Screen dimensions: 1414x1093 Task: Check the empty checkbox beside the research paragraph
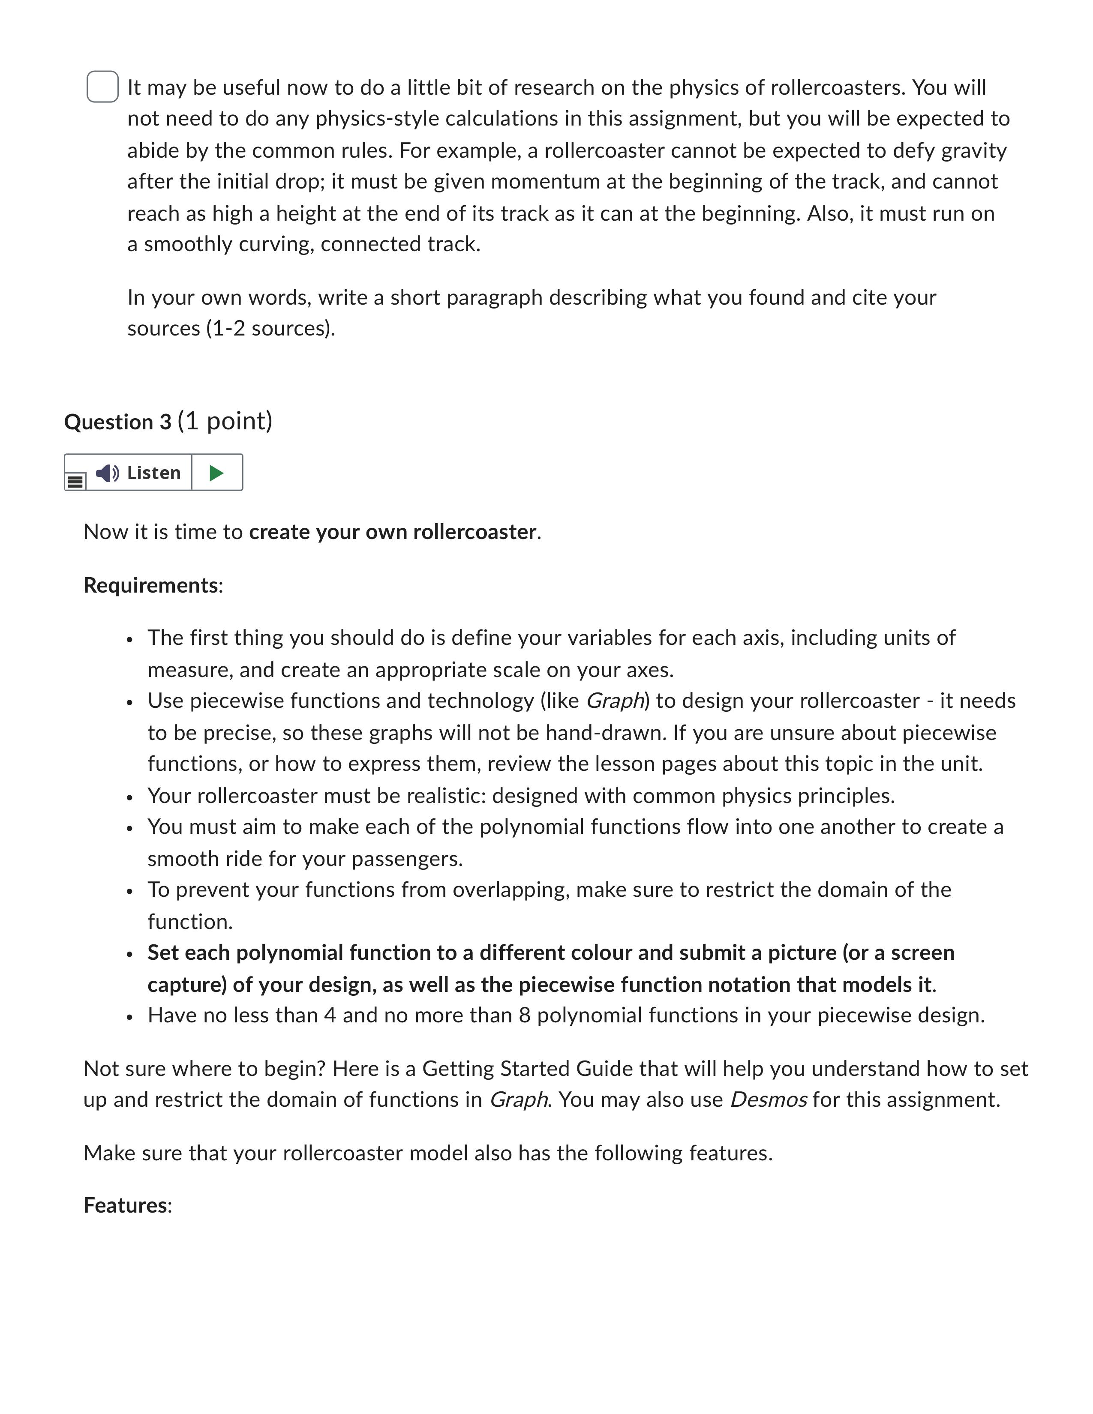click(x=102, y=87)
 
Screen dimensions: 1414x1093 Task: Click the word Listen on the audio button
click(x=153, y=473)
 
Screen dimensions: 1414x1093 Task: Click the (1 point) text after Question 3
click(x=225, y=421)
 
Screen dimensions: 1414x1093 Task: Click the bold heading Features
click(x=126, y=1205)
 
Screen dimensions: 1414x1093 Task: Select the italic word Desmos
click(x=768, y=1100)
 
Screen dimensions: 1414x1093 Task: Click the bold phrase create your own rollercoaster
click(x=392, y=532)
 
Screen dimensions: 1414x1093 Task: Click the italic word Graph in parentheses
click(x=615, y=701)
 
